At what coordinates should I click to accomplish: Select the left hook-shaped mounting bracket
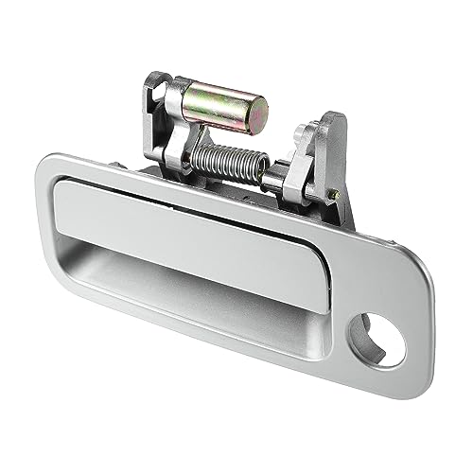(161, 114)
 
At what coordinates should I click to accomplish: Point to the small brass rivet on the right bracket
(338, 194)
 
